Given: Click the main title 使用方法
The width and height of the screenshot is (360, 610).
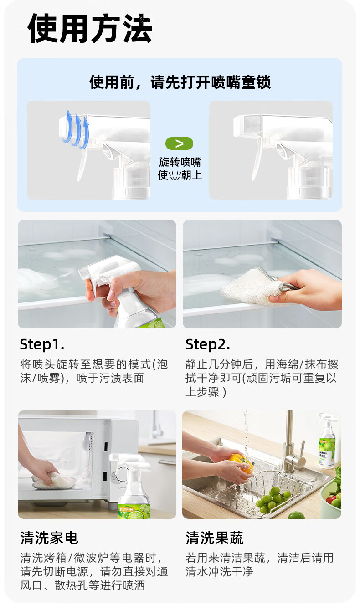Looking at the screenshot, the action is pos(90,28).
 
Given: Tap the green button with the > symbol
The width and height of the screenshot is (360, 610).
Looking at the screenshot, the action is pos(179,144).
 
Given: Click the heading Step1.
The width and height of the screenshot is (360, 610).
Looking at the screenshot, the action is pos(42,344).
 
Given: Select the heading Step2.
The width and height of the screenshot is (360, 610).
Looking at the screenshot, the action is pos(207,344).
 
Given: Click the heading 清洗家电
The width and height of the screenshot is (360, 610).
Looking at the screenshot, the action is pos(49,538).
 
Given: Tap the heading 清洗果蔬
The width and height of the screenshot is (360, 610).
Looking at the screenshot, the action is pos(215,538).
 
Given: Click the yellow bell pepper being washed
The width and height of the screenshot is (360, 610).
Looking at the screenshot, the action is pos(242,463).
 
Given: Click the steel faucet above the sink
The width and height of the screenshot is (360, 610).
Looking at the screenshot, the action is pos(293,446).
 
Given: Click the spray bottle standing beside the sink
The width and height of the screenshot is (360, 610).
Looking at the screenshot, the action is pos(328,441).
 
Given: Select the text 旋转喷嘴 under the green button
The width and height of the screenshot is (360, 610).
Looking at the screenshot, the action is pos(180,162).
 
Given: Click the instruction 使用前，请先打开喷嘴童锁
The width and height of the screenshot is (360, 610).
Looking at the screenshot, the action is pos(180,82).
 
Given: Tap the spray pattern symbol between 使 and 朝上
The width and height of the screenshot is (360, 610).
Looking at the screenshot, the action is pos(175,176).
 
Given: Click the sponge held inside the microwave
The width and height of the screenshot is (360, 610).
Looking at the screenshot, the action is pos(53,481).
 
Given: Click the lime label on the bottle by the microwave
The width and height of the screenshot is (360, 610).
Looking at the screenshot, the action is pos(135,512).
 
